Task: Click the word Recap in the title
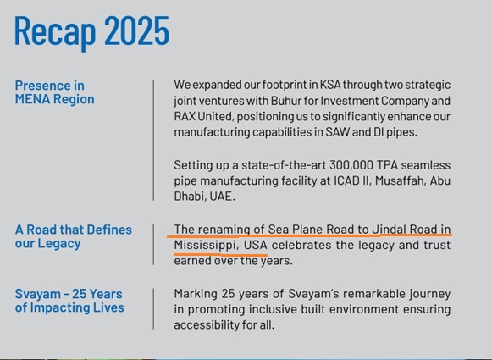(55, 32)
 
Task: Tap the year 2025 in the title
(136, 30)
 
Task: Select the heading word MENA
(32, 99)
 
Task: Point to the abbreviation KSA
(331, 85)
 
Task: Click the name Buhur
(284, 101)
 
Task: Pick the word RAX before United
(185, 116)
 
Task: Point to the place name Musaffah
(399, 180)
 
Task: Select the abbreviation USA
(256, 245)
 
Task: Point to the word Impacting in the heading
(56, 307)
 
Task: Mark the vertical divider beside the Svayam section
(154, 308)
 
